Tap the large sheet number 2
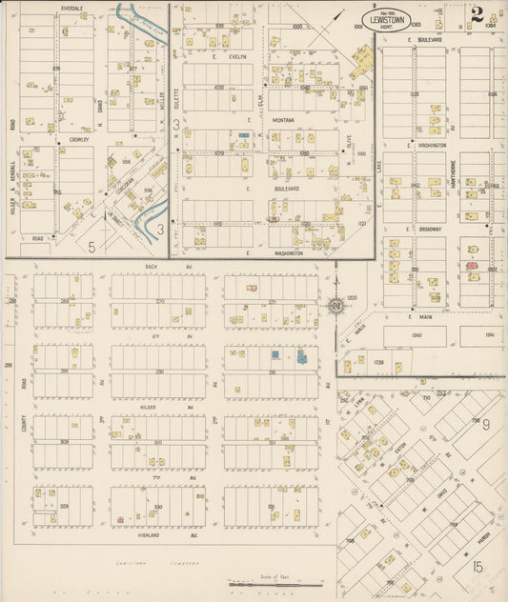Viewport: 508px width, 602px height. (476, 13)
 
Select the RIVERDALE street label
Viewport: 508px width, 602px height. (71, 8)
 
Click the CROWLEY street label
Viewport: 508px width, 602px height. (78, 139)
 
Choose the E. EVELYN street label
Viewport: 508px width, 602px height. (233, 57)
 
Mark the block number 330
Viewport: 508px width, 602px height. (158, 507)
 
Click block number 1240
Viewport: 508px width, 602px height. (417, 335)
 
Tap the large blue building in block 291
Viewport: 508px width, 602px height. (302, 358)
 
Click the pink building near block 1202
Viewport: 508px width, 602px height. (472, 266)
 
